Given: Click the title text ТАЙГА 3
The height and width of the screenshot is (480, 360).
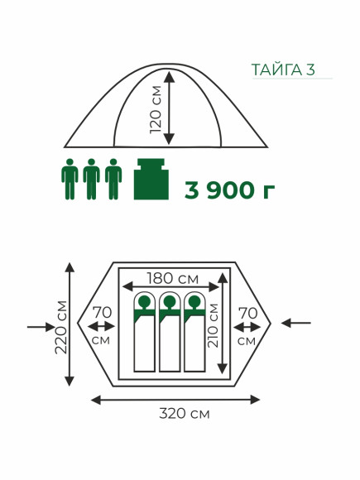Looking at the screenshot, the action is point(283,70).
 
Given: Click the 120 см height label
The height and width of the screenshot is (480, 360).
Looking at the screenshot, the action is point(156,109).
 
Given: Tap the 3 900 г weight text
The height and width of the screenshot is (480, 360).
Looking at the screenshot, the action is point(229,190).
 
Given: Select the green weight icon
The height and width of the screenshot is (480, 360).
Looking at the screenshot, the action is point(151,179).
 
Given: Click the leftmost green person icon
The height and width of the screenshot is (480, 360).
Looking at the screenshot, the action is point(70,179).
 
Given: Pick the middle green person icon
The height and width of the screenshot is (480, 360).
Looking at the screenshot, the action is point(92,179).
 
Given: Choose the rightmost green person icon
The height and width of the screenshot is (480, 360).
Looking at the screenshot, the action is point(113,179).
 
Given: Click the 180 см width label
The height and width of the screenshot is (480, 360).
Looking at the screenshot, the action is point(173,278).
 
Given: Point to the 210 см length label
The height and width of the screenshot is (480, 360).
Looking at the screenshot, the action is point(213,325).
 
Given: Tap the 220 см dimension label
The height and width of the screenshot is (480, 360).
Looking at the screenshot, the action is point(61,327).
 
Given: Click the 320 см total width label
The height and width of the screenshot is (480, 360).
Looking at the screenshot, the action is point(185,414).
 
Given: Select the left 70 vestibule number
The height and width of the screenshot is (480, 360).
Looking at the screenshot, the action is point(103,313).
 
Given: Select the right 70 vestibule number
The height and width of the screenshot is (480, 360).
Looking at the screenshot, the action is point(248,313).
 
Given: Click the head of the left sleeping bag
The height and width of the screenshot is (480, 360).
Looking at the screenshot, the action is point(145,302).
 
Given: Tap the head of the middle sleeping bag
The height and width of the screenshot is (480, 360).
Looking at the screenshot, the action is point(170,302).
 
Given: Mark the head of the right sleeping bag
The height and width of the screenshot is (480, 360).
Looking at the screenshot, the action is point(194,302).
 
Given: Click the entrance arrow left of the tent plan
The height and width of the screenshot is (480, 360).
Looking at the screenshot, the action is point(41,327).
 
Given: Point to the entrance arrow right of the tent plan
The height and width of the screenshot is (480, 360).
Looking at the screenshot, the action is point(296,323).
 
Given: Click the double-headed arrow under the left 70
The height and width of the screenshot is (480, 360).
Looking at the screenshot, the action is point(101,327).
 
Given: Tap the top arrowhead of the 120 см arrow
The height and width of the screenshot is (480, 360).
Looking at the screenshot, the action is point(170,76).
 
